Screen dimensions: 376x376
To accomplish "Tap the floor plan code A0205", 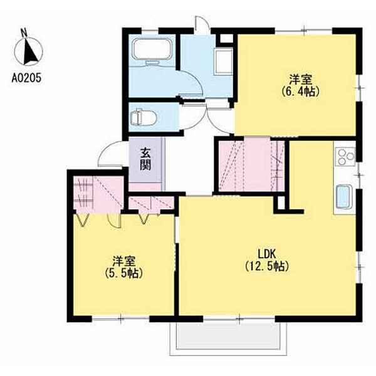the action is [x=26, y=78].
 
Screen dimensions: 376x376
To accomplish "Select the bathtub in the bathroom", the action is [x=152, y=50].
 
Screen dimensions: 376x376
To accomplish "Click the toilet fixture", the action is [x=143, y=118].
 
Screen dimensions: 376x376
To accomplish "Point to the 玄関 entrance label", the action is [x=145, y=159].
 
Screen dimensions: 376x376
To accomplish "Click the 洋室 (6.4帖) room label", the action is [x=300, y=85].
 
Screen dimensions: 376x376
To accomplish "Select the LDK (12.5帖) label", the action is [x=267, y=259].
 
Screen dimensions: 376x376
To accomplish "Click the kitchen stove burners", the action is [x=345, y=156].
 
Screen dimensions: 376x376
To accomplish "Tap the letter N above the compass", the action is [x=24, y=33].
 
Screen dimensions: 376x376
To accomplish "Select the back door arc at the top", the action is [x=202, y=23].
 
